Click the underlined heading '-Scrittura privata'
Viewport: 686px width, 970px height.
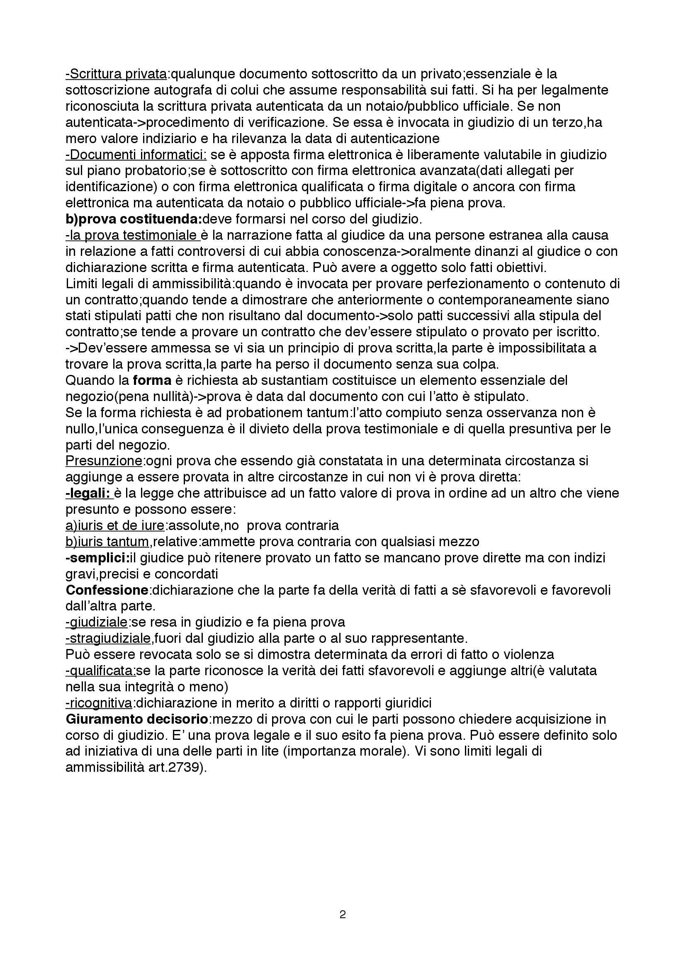pos(116,74)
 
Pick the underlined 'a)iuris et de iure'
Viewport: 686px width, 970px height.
pos(115,525)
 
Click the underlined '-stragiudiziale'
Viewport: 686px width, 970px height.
pos(108,638)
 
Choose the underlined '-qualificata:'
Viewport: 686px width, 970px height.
pos(101,671)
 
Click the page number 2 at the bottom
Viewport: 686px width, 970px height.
pos(343,915)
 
